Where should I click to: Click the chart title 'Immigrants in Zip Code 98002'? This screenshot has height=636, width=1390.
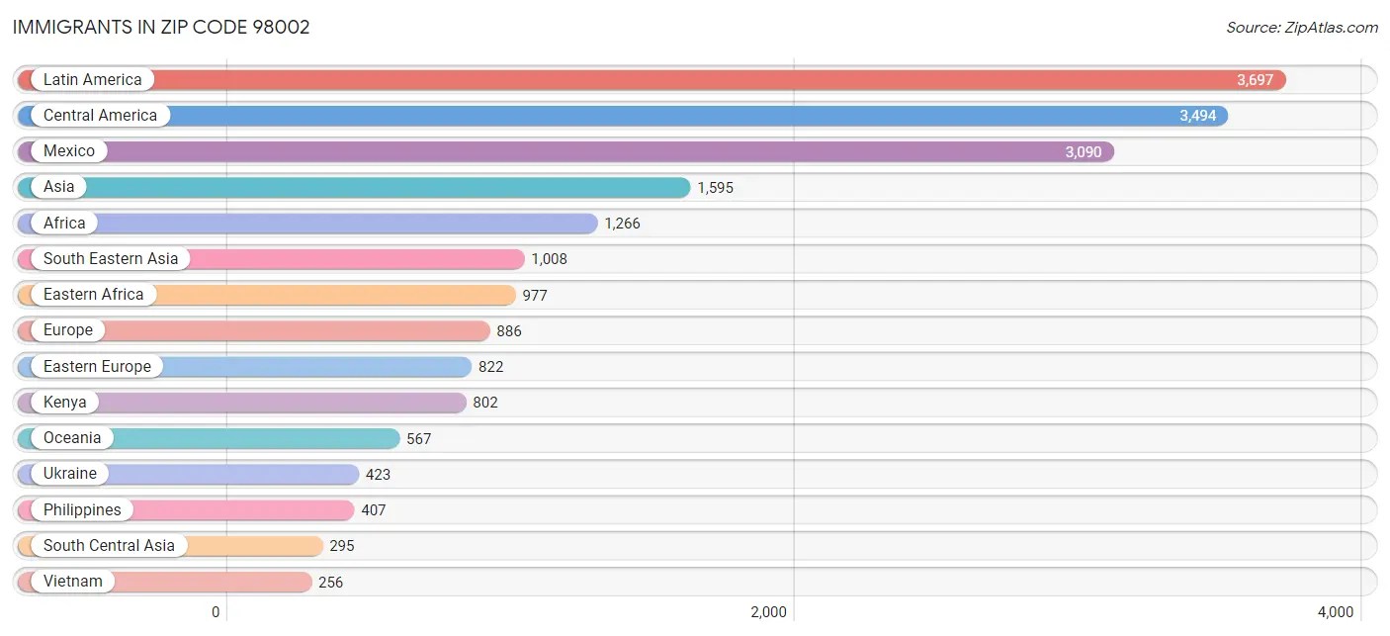click(161, 27)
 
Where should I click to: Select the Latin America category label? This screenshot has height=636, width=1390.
click(92, 80)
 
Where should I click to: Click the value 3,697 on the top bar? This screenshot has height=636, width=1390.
click(1255, 80)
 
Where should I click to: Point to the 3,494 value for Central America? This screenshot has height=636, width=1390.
click(1197, 116)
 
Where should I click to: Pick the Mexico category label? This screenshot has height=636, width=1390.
click(69, 151)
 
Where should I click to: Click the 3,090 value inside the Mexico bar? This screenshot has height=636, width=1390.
click(1083, 152)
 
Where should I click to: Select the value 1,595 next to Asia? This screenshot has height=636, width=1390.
click(715, 188)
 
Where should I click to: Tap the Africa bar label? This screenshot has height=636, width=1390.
click(64, 224)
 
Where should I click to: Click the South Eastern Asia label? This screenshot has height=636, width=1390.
click(111, 259)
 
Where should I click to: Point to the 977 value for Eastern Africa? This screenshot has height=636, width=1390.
click(535, 296)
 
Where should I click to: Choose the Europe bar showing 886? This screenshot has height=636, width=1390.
click(297, 330)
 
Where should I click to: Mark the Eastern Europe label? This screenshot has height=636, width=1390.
click(97, 367)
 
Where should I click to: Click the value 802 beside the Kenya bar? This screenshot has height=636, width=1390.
click(485, 403)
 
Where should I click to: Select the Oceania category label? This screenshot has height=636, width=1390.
click(72, 438)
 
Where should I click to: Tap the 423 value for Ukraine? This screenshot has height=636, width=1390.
click(378, 475)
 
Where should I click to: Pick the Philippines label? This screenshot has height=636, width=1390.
click(82, 510)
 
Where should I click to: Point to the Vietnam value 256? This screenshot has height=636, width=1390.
click(330, 583)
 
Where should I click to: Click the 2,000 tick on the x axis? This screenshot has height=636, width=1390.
click(768, 612)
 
